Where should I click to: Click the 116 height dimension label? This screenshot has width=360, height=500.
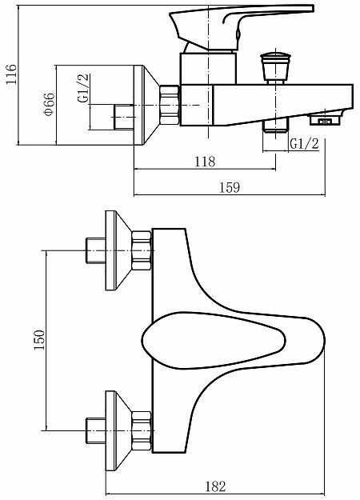(x=10, y=76)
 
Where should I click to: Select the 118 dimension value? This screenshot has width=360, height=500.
(x=205, y=161)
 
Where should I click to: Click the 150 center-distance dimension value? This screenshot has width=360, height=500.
(x=39, y=339)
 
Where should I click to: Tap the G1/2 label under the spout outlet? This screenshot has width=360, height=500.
(x=304, y=144)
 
